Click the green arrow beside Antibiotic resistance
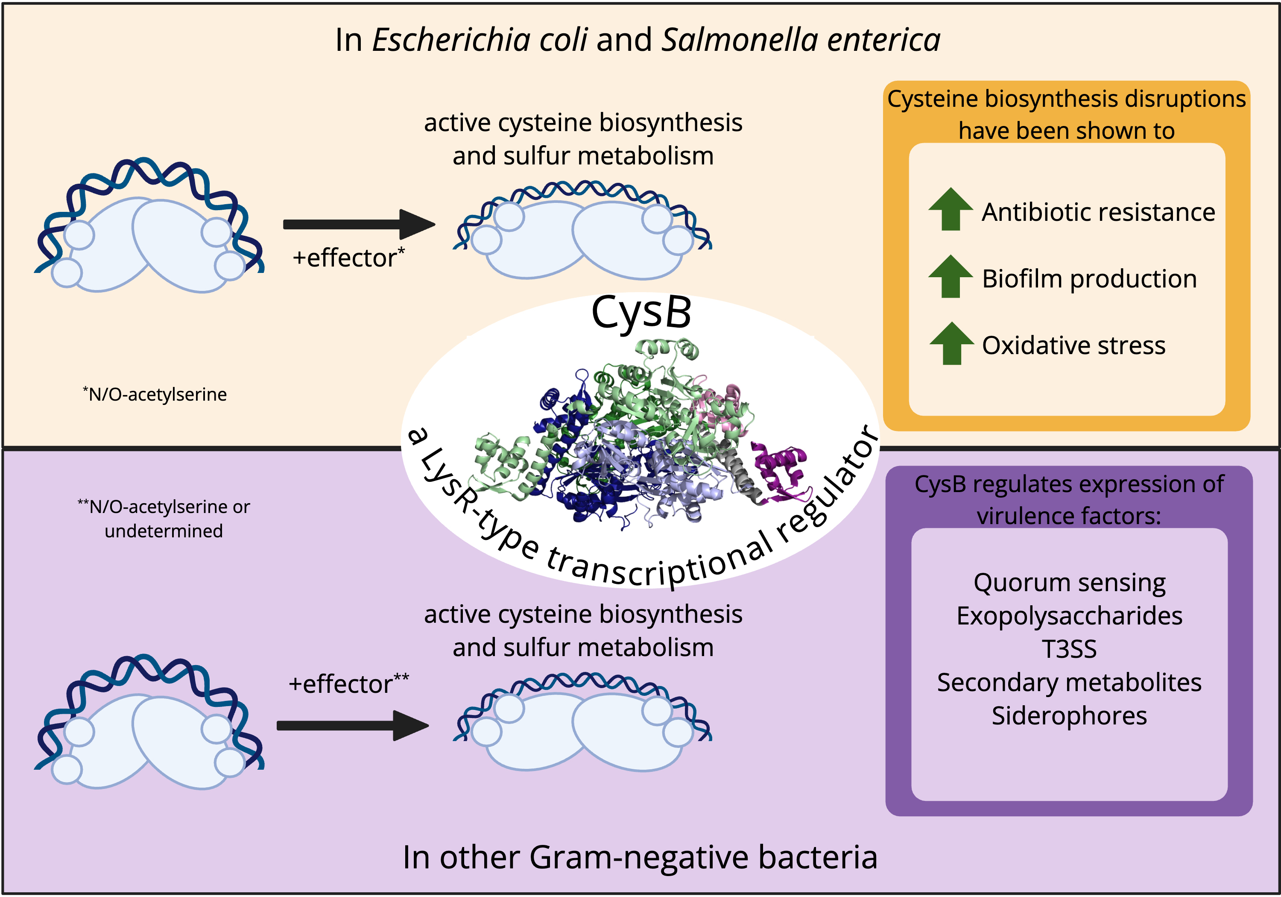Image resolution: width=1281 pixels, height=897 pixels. (950, 209)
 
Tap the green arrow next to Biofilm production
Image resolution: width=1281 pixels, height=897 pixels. (950, 276)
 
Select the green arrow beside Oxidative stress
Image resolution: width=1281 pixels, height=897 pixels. (951, 343)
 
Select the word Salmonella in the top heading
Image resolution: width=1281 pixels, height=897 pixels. (739, 40)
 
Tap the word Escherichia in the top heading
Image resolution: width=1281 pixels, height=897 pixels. (479, 40)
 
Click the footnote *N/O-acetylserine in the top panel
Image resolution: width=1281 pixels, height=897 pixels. (156, 395)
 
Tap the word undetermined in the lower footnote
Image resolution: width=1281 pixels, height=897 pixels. (164, 531)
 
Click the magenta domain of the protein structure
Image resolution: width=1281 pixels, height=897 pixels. (781, 469)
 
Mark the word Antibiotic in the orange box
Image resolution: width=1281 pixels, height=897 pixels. (1032, 212)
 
